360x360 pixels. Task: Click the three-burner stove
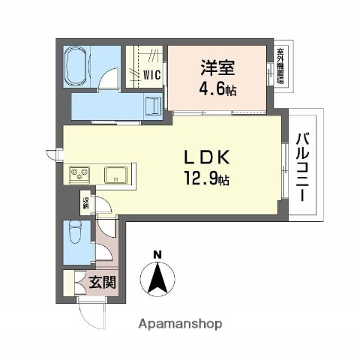(79, 175)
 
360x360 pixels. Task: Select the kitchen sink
(116, 175)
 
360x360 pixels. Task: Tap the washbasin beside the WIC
(154, 105)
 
